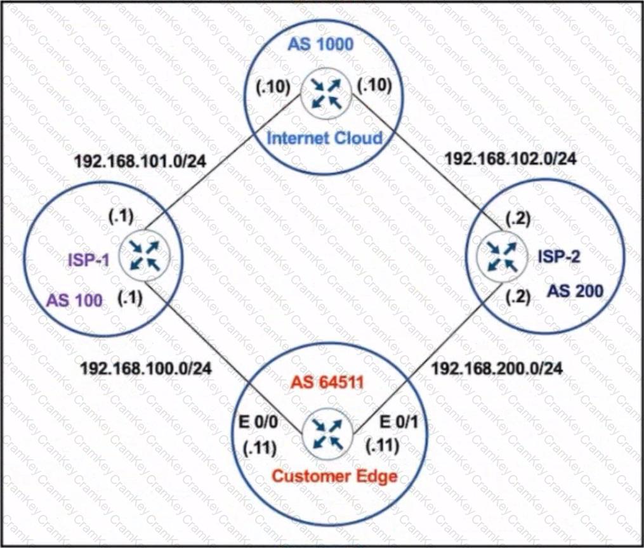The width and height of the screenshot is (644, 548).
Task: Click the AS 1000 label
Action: (320, 44)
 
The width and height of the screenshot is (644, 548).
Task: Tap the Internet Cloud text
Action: (324, 138)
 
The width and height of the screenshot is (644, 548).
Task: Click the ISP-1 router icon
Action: (144, 256)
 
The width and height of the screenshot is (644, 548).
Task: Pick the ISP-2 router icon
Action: (501, 256)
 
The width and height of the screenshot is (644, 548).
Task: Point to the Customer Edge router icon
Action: (327, 434)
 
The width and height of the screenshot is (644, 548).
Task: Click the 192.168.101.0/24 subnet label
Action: (140, 161)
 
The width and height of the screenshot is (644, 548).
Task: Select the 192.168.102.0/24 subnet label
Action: (511, 159)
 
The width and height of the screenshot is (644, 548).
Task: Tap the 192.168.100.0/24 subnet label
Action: (146, 369)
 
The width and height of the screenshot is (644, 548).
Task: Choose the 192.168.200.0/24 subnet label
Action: (497, 369)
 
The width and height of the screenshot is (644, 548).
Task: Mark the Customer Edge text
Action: (335, 476)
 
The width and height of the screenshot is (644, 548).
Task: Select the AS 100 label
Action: (74, 301)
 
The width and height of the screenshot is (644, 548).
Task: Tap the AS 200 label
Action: (575, 291)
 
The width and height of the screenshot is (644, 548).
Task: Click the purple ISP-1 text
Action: (89, 260)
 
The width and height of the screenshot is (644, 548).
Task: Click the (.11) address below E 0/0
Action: (260, 448)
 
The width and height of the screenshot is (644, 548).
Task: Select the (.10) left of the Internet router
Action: (273, 87)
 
